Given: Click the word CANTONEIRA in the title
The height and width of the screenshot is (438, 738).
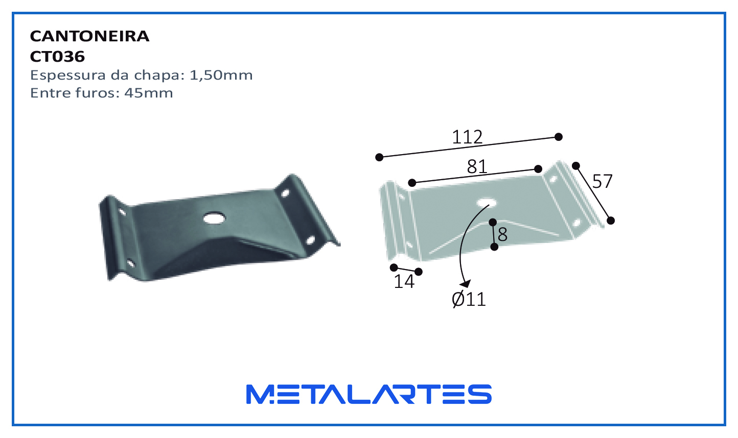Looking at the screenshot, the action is (x=89, y=36).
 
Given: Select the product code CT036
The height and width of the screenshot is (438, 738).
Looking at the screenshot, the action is (x=57, y=57).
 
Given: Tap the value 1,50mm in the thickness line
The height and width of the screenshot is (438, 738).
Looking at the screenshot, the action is (x=221, y=76).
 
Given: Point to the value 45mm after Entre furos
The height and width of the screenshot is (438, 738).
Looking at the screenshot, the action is (x=149, y=93).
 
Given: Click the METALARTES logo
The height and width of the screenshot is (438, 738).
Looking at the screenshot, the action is (x=369, y=394).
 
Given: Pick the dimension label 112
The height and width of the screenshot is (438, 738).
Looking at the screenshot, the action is (x=467, y=137).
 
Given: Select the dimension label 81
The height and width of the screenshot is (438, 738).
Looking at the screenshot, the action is (x=477, y=166).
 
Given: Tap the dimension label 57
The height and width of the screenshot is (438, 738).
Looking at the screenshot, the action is (x=602, y=181).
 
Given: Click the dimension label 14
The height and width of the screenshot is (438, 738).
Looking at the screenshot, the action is (x=404, y=282).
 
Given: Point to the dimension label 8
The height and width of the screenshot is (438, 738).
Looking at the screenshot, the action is (x=503, y=235).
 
